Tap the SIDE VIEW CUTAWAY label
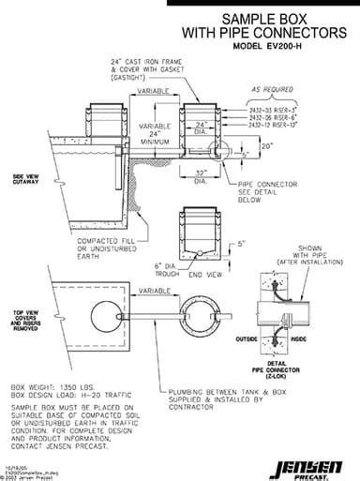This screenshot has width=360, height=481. (x=25, y=179)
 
